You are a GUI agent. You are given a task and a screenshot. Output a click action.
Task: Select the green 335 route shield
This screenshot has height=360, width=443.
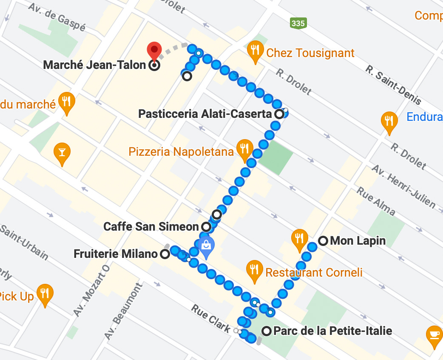298,23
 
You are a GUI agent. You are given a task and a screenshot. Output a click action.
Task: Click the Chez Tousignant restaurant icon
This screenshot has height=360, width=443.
255,51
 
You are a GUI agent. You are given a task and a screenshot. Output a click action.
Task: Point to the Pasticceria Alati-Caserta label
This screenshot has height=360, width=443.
205,114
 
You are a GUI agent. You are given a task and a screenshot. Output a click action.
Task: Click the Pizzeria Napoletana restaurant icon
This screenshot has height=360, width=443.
244,149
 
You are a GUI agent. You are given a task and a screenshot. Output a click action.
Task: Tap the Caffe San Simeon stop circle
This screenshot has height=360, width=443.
206,227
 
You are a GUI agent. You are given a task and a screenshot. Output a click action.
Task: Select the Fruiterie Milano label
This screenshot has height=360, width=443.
115,254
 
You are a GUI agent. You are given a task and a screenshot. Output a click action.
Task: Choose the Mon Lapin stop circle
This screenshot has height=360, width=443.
323,241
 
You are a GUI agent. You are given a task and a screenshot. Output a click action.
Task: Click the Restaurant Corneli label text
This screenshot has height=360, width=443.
314,272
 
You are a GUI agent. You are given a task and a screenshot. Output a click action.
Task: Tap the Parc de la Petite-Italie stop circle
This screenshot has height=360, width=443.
267,331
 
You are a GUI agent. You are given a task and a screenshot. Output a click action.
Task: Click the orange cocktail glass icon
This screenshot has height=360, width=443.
62,151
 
